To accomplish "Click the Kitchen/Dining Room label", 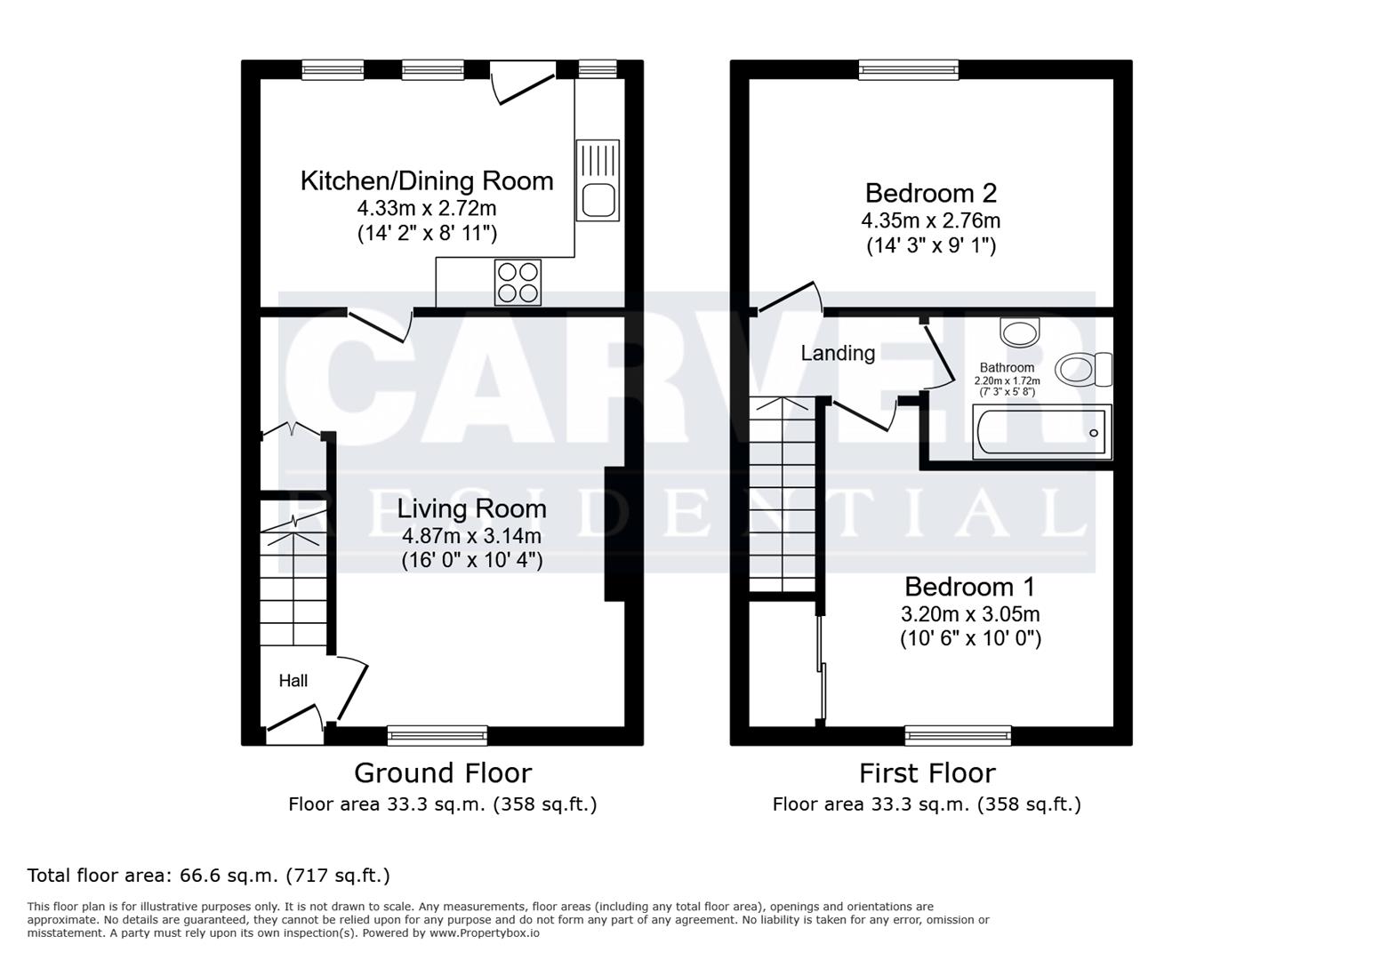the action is pyautogui.click(x=427, y=181).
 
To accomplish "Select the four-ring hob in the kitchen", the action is pyautogui.click(x=518, y=283).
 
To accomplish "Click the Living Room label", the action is pyautogui.click(x=471, y=508).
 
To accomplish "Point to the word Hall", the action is pyautogui.click(x=293, y=680).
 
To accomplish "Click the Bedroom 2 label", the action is pyautogui.click(x=930, y=193).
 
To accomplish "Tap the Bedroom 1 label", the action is pyautogui.click(x=969, y=587).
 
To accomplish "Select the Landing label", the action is pyautogui.click(x=838, y=353).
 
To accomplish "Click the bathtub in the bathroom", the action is pyautogui.click(x=1042, y=432).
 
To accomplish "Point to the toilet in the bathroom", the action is pyautogui.click(x=1083, y=370).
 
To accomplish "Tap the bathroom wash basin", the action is pyautogui.click(x=1019, y=332).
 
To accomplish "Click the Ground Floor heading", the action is pyautogui.click(x=443, y=773).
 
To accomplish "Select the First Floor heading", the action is pyautogui.click(x=927, y=773).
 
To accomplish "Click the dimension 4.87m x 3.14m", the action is pyautogui.click(x=471, y=536).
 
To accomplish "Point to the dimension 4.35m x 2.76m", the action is pyautogui.click(x=930, y=220).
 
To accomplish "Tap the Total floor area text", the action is pyautogui.click(x=208, y=876).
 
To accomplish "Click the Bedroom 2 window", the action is pyautogui.click(x=909, y=70).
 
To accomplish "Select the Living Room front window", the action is pyautogui.click(x=438, y=736).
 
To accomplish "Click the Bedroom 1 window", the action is pyautogui.click(x=958, y=736).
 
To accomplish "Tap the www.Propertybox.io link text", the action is pyautogui.click(x=485, y=933).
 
